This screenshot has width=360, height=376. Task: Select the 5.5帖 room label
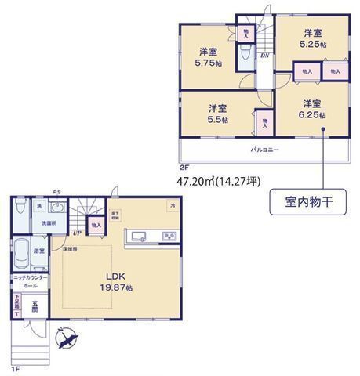[218, 114]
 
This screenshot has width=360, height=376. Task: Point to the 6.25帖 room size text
[312, 109]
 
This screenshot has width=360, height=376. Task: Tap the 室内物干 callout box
[304, 201]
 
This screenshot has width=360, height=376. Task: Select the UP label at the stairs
[77, 233]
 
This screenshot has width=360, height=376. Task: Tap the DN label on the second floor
[266, 55]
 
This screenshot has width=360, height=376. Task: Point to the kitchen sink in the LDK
[139, 236]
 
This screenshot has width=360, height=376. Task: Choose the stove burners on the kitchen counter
[169, 236]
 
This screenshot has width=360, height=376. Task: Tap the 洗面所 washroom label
[48, 224]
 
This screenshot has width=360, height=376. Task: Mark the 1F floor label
[15, 367]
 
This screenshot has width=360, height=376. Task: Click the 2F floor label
[184, 167]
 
